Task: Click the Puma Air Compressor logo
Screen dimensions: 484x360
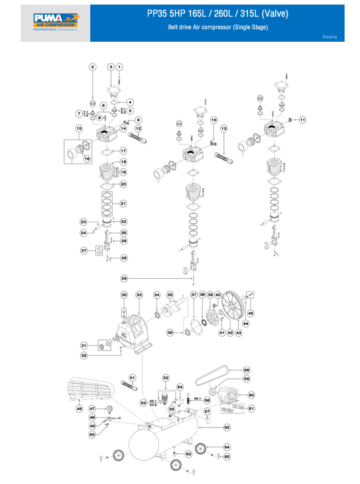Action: tap(55, 23)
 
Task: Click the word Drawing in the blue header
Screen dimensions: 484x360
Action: tap(329, 37)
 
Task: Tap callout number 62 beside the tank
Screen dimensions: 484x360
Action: tap(227, 427)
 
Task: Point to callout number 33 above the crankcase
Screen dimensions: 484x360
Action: tap(139, 294)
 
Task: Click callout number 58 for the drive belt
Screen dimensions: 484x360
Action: tap(246, 370)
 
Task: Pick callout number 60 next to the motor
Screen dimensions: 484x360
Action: tap(251, 395)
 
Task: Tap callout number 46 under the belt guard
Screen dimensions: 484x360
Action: tap(79, 409)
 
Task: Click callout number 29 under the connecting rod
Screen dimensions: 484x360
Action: tap(124, 278)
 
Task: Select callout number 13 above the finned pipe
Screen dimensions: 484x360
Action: tap(224, 129)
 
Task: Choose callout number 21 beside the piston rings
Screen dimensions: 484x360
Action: tap(123, 203)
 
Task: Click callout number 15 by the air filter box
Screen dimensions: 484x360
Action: tap(79, 129)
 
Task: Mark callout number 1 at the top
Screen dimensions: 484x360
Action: tap(119, 67)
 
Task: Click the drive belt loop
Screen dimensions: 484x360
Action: tap(217, 377)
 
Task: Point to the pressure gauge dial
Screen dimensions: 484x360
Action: tap(109, 409)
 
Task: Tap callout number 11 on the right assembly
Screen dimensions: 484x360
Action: tap(303, 119)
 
